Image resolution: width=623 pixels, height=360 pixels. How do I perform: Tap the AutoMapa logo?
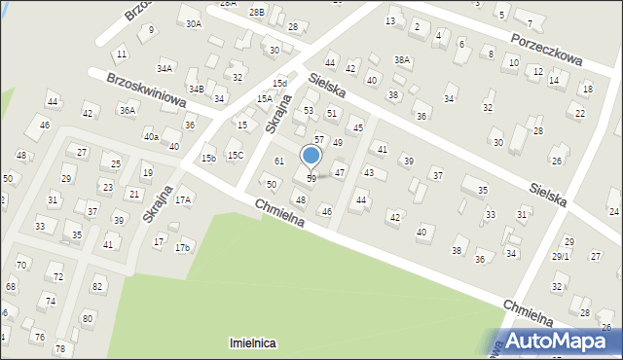point(560,341)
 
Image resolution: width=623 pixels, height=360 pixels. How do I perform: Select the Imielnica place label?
point(252,343)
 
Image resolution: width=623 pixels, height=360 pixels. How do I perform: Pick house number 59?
point(311,178)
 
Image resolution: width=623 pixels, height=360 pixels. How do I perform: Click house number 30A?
point(194,23)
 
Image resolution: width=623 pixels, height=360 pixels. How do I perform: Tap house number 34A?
point(165,68)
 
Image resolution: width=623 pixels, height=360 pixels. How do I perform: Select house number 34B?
point(196,89)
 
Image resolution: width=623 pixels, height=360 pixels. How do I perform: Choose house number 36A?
point(127,110)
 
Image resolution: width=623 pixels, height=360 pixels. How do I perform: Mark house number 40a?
point(151,137)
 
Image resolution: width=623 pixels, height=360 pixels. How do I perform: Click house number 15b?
point(208,158)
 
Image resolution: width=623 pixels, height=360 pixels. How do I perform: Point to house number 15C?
point(235,155)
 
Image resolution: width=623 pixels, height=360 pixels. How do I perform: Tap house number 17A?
point(183,199)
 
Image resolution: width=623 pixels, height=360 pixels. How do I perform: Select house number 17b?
point(182,247)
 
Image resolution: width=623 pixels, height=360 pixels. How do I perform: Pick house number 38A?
point(401,59)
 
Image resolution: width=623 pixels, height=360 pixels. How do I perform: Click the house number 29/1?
point(560,256)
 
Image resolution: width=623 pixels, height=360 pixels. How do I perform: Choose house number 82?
point(96,286)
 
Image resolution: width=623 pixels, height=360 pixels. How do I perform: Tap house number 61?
point(278,161)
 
